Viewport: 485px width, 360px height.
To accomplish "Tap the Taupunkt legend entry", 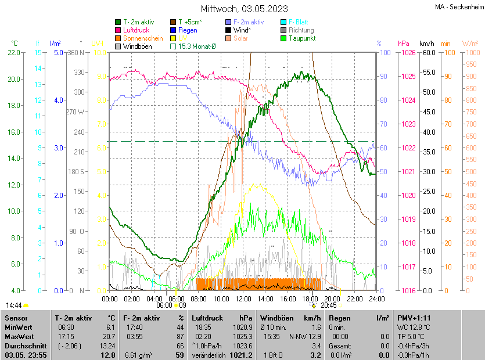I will (x=301, y=38).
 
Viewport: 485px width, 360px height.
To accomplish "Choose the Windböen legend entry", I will (x=137, y=46).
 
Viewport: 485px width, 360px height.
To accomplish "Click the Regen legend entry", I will (x=188, y=30).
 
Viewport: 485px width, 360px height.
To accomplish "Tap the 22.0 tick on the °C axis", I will (x=13, y=53).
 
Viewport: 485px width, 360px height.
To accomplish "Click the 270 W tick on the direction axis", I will (x=76, y=111).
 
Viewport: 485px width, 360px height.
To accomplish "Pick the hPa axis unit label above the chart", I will (x=403, y=44).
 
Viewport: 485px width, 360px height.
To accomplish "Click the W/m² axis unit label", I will (x=470, y=44).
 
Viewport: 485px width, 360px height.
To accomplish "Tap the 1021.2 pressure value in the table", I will (x=243, y=355).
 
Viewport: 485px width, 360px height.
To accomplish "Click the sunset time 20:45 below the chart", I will (x=329, y=305).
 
